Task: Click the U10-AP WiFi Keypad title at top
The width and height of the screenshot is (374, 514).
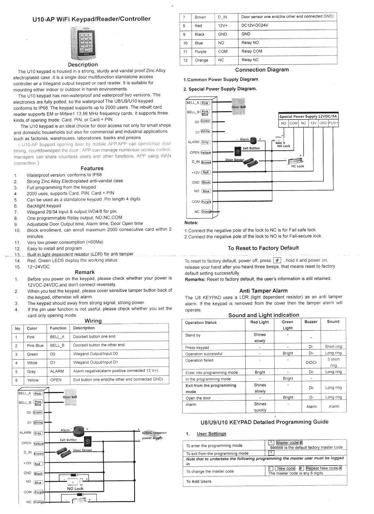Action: [x=92, y=19]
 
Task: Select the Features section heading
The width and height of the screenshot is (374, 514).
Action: [x=92, y=168]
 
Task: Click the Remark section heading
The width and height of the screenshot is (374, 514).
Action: [x=85, y=272]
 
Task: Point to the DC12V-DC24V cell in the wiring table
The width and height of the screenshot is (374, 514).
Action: [x=255, y=25]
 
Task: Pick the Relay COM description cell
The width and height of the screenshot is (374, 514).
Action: [x=252, y=51]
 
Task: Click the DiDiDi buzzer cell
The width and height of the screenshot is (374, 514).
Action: [x=311, y=362]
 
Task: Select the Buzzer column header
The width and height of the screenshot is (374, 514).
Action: [x=311, y=322]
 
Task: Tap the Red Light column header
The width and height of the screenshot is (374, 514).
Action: [x=259, y=322]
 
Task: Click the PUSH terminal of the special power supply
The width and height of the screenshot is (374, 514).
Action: [x=333, y=123]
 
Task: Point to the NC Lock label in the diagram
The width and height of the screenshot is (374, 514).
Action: [x=298, y=166]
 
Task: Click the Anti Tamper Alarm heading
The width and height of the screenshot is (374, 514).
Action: [x=263, y=291]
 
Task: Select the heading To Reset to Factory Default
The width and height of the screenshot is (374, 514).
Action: [x=263, y=248]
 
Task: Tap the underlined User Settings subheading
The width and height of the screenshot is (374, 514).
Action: [x=211, y=434]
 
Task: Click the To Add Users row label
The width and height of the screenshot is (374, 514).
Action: [x=199, y=481]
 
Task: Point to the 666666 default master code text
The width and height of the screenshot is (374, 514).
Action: [x=306, y=447]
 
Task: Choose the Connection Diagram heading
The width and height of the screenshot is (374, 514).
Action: [x=262, y=70]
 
